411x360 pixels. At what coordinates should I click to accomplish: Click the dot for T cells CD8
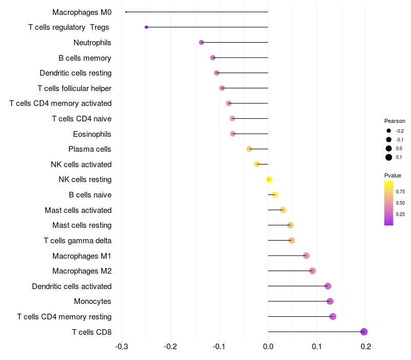pyautogui.click(x=364, y=332)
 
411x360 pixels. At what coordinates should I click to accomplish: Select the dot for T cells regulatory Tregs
pyautogui.click(x=146, y=27)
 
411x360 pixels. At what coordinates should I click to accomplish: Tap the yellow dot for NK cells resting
pyautogui.click(x=269, y=179)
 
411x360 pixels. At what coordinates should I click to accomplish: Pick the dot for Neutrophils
pyautogui.click(x=201, y=42)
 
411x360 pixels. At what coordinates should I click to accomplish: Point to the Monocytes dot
pyautogui.click(x=330, y=301)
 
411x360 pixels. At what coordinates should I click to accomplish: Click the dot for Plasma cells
pyautogui.click(x=249, y=149)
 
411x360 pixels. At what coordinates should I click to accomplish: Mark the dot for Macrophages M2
pyautogui.click(x=312, y=271)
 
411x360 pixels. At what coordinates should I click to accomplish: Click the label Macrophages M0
pyautogui.click(x=82, y=12)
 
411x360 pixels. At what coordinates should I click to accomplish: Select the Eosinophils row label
pyautogui.click(x=92, y=134)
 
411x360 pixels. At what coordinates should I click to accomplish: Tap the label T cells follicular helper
pyautogui.click(x=74, y=88)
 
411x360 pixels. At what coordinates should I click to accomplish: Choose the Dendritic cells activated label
pyautogui.click(x=71, y=286)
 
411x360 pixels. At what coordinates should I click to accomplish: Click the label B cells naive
pyautogui.click(x=90, y=195)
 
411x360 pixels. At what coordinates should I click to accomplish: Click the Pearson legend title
pyautogui.click(x=395, y=121)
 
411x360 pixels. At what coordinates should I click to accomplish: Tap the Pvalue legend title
pyautogui.click(x=393, y=175)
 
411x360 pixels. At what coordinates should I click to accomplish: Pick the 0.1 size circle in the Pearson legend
pyautogui.click(x=389, y=157)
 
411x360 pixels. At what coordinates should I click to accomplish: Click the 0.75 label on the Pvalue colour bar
pyautogui.click(x=400, y=191)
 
